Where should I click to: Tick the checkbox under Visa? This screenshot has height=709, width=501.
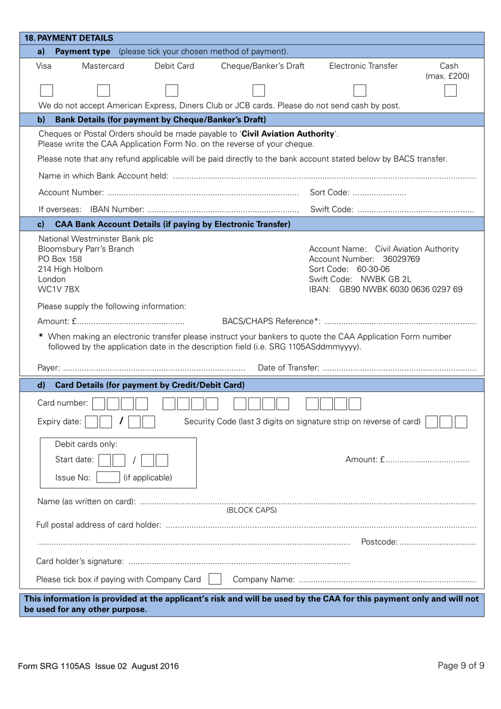point(46,90)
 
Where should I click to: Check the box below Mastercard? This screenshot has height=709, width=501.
point(103,90)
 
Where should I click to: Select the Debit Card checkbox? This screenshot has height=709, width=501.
point(171,90)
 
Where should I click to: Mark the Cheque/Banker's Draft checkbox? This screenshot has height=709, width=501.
point(258,90)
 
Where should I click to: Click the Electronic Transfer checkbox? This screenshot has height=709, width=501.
point(360,90)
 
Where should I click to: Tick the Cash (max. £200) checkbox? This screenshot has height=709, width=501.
point(450,90)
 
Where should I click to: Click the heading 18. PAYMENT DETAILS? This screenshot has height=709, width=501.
point(69,38)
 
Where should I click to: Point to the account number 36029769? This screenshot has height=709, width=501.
point(401,259)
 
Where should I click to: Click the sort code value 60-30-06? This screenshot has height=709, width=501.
point(373,269)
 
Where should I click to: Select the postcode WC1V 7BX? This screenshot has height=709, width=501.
point(59,289)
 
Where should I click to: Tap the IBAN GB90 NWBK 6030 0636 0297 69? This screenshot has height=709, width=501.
point(400,289)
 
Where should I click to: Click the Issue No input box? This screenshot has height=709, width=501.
point(108,477)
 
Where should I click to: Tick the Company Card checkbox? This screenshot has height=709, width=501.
point(215,579)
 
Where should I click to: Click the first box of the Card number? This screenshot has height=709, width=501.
point(99,404)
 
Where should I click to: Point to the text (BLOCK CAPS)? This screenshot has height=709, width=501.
point(252,510)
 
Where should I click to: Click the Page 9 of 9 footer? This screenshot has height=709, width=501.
point(460,665)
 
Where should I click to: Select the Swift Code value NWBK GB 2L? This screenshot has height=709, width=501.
point(386,279)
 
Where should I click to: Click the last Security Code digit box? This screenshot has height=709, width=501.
point(460,422)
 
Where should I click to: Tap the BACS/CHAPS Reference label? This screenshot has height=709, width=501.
point(271,322)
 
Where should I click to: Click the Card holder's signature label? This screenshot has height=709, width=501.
point(80,561)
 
